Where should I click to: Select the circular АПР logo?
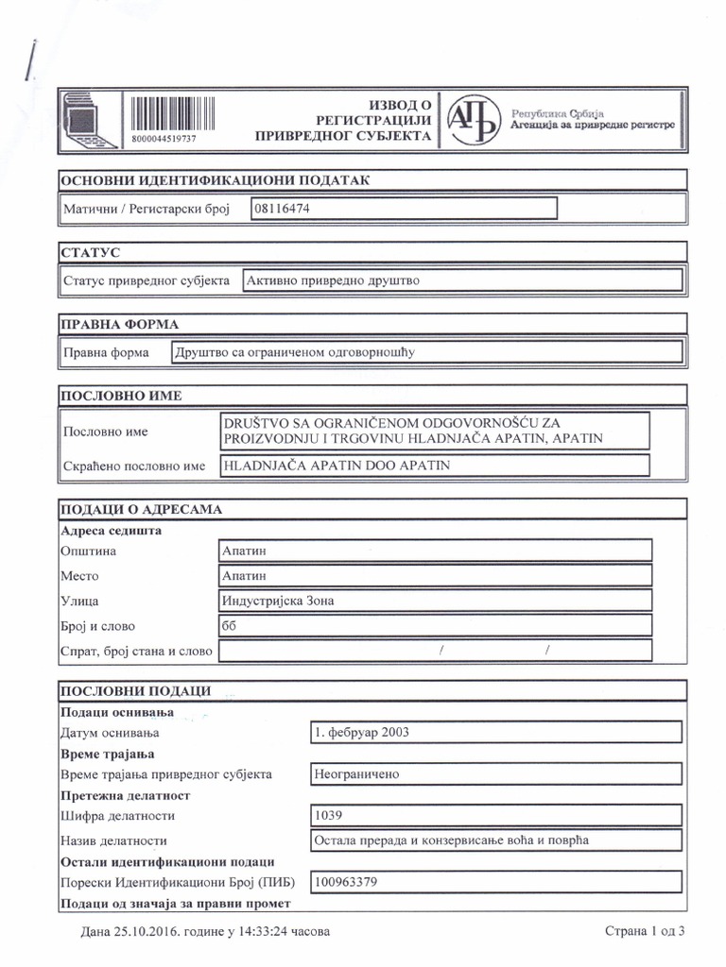click(x=475, y=119)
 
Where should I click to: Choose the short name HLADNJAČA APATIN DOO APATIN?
click(x=336, y=465)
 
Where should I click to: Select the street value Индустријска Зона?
click(x=277, y=601)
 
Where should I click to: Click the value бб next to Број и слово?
click(x=229, y=625)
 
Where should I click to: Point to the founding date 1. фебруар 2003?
click(x=363, y=732)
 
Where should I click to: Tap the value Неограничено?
click(x=356, y=773)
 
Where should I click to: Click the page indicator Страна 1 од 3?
click(x=644, y=932)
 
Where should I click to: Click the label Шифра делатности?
click(x=117, y=815)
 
